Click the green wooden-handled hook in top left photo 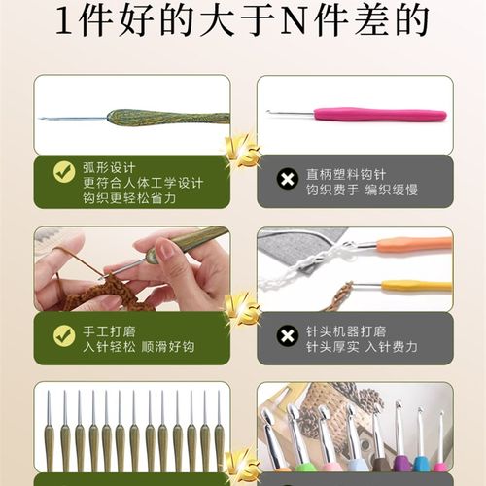165,118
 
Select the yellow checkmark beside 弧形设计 64,173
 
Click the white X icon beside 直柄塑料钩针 287,178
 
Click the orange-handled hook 413,245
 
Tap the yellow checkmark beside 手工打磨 64,335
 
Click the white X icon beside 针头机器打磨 287,336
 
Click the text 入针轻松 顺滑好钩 137,346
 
